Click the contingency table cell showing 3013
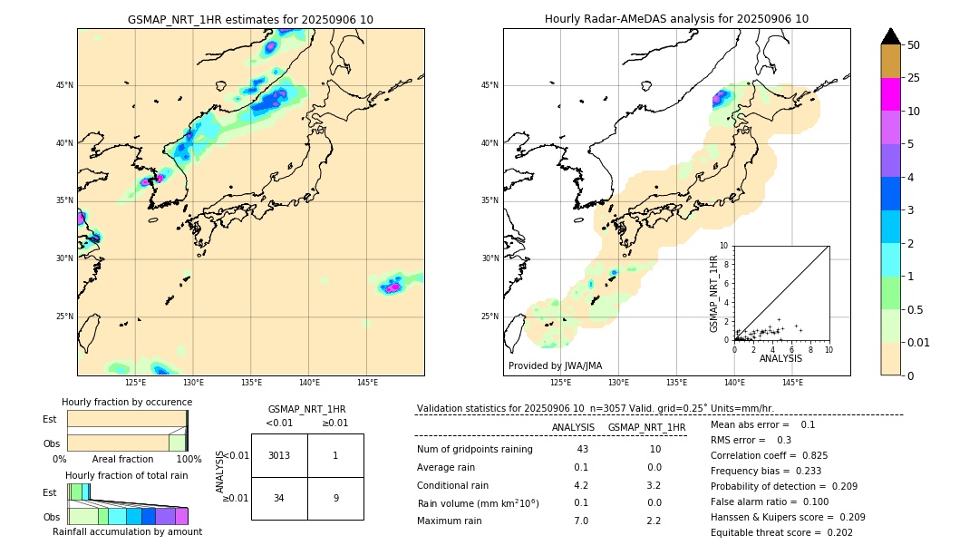point(279,455)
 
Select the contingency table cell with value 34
point(279,498)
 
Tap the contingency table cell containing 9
point(335,498)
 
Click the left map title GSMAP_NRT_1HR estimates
point(250,20)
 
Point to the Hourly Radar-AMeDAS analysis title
point(676,19)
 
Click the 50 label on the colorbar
point(914,45)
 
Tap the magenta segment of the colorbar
point(890,94)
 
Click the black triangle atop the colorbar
point(890,36)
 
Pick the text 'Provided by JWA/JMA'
point(555,365)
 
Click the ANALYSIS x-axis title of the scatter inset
point(780,358)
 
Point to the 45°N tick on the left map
point(64,85)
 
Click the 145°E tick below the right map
point(792,383)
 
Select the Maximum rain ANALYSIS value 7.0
point(581,521)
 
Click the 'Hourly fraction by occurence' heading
point(127,402)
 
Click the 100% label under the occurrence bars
point(189,459)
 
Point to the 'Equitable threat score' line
point(781,532)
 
